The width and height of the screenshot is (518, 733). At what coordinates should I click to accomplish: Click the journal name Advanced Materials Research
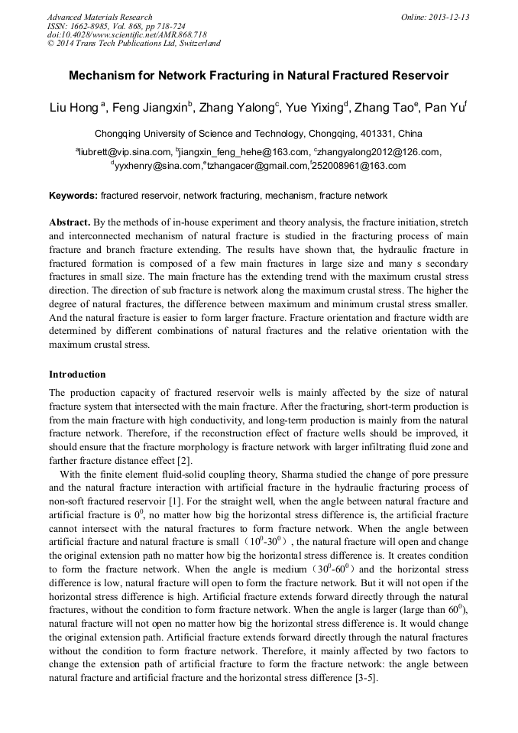tap(99, 17)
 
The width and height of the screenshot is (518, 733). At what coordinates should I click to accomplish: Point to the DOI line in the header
tap(127, 34)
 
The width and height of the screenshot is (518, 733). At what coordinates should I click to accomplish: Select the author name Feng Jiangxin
tap(150, 108)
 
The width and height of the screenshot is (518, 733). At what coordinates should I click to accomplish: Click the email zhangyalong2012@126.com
tap(379, 152)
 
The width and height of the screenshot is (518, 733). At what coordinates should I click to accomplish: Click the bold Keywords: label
tap(73, 196)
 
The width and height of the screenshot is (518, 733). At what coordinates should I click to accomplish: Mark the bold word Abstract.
tap(70, 222)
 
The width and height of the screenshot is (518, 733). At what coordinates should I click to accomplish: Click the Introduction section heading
tap(77, 375)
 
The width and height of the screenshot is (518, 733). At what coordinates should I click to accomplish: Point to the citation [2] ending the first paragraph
tap(183, 460)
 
